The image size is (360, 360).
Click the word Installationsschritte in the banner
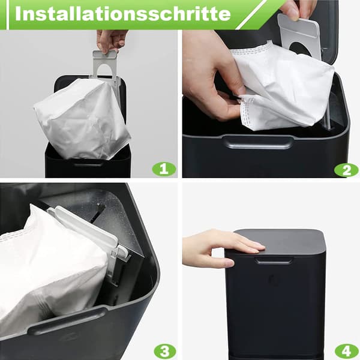123,14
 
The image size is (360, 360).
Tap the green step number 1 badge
164,169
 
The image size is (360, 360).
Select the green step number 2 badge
346,170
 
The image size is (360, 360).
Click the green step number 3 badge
165,351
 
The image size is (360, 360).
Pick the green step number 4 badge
347,351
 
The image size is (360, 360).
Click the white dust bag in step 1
83,119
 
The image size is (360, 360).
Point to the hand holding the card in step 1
111,41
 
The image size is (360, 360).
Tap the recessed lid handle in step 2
258,142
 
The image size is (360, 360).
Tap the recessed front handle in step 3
67,320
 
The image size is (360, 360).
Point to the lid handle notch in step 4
273,260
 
